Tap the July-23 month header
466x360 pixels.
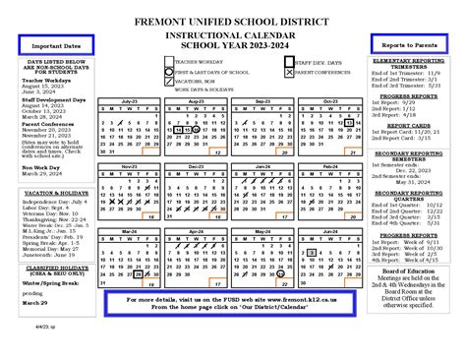pyautogui.click(x=129, y=101)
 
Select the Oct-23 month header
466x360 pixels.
pyautogui.click(x=319, y=101)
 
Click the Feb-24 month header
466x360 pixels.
pyautogui.click(x=319, y=166)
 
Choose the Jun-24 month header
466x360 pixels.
pyautogui.click(x=319, y=232)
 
